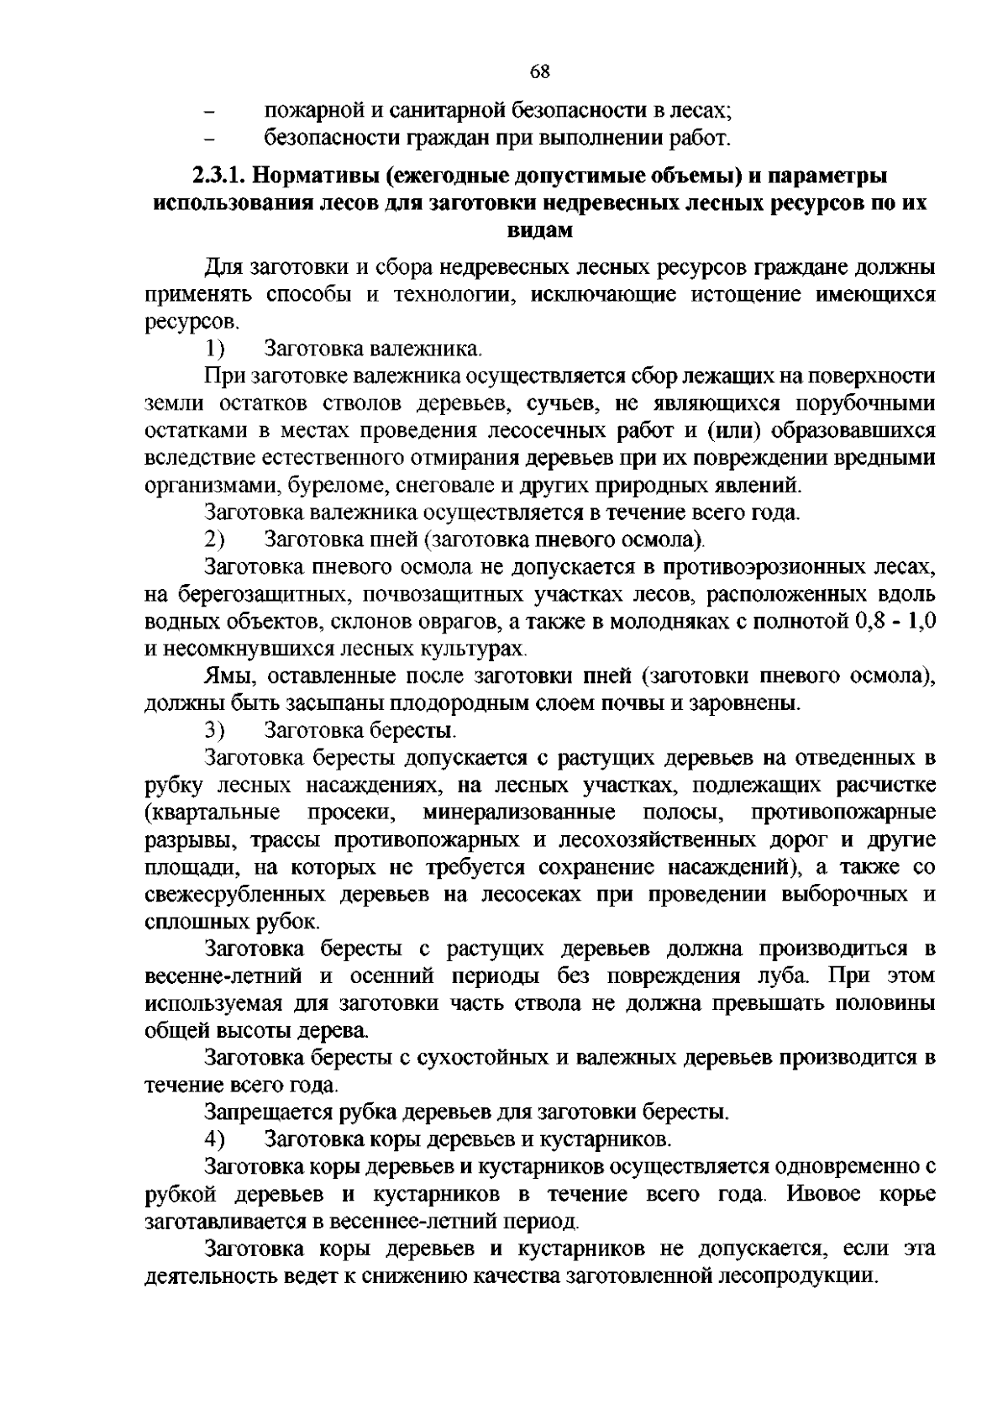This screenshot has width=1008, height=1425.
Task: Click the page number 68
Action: coord(540,71)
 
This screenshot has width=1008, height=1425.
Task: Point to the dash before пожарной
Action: coord(211,111)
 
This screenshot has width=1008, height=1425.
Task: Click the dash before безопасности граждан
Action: coord(211,138)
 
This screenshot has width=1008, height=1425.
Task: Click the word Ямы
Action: coord(226,676)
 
